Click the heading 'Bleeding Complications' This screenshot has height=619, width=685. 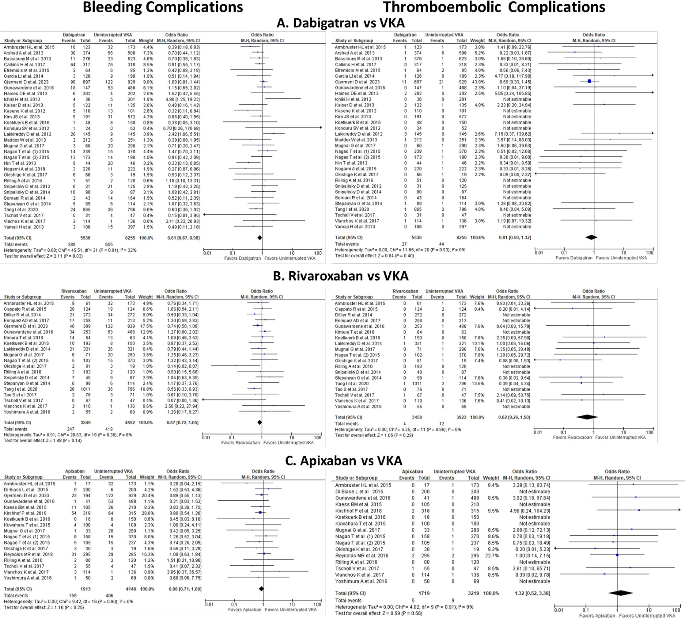[x=163, y=7]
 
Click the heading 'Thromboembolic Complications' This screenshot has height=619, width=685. [x=494, y=7]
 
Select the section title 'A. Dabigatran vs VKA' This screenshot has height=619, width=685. [x=340, y=23]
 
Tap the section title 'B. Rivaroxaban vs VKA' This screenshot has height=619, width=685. [x=340, y=276]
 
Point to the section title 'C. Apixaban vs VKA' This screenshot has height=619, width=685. [x=344, y=460]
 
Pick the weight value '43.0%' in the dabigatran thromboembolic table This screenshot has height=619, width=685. [x=477, y=82]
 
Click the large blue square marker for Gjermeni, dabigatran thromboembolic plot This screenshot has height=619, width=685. [x=589, y=81]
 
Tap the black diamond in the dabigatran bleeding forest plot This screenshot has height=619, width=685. [x=260, y=238]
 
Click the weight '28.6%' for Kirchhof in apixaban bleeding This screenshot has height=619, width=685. [x=147, y=513]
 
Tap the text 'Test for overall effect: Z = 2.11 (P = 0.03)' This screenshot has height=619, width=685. [x=43, y=256]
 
